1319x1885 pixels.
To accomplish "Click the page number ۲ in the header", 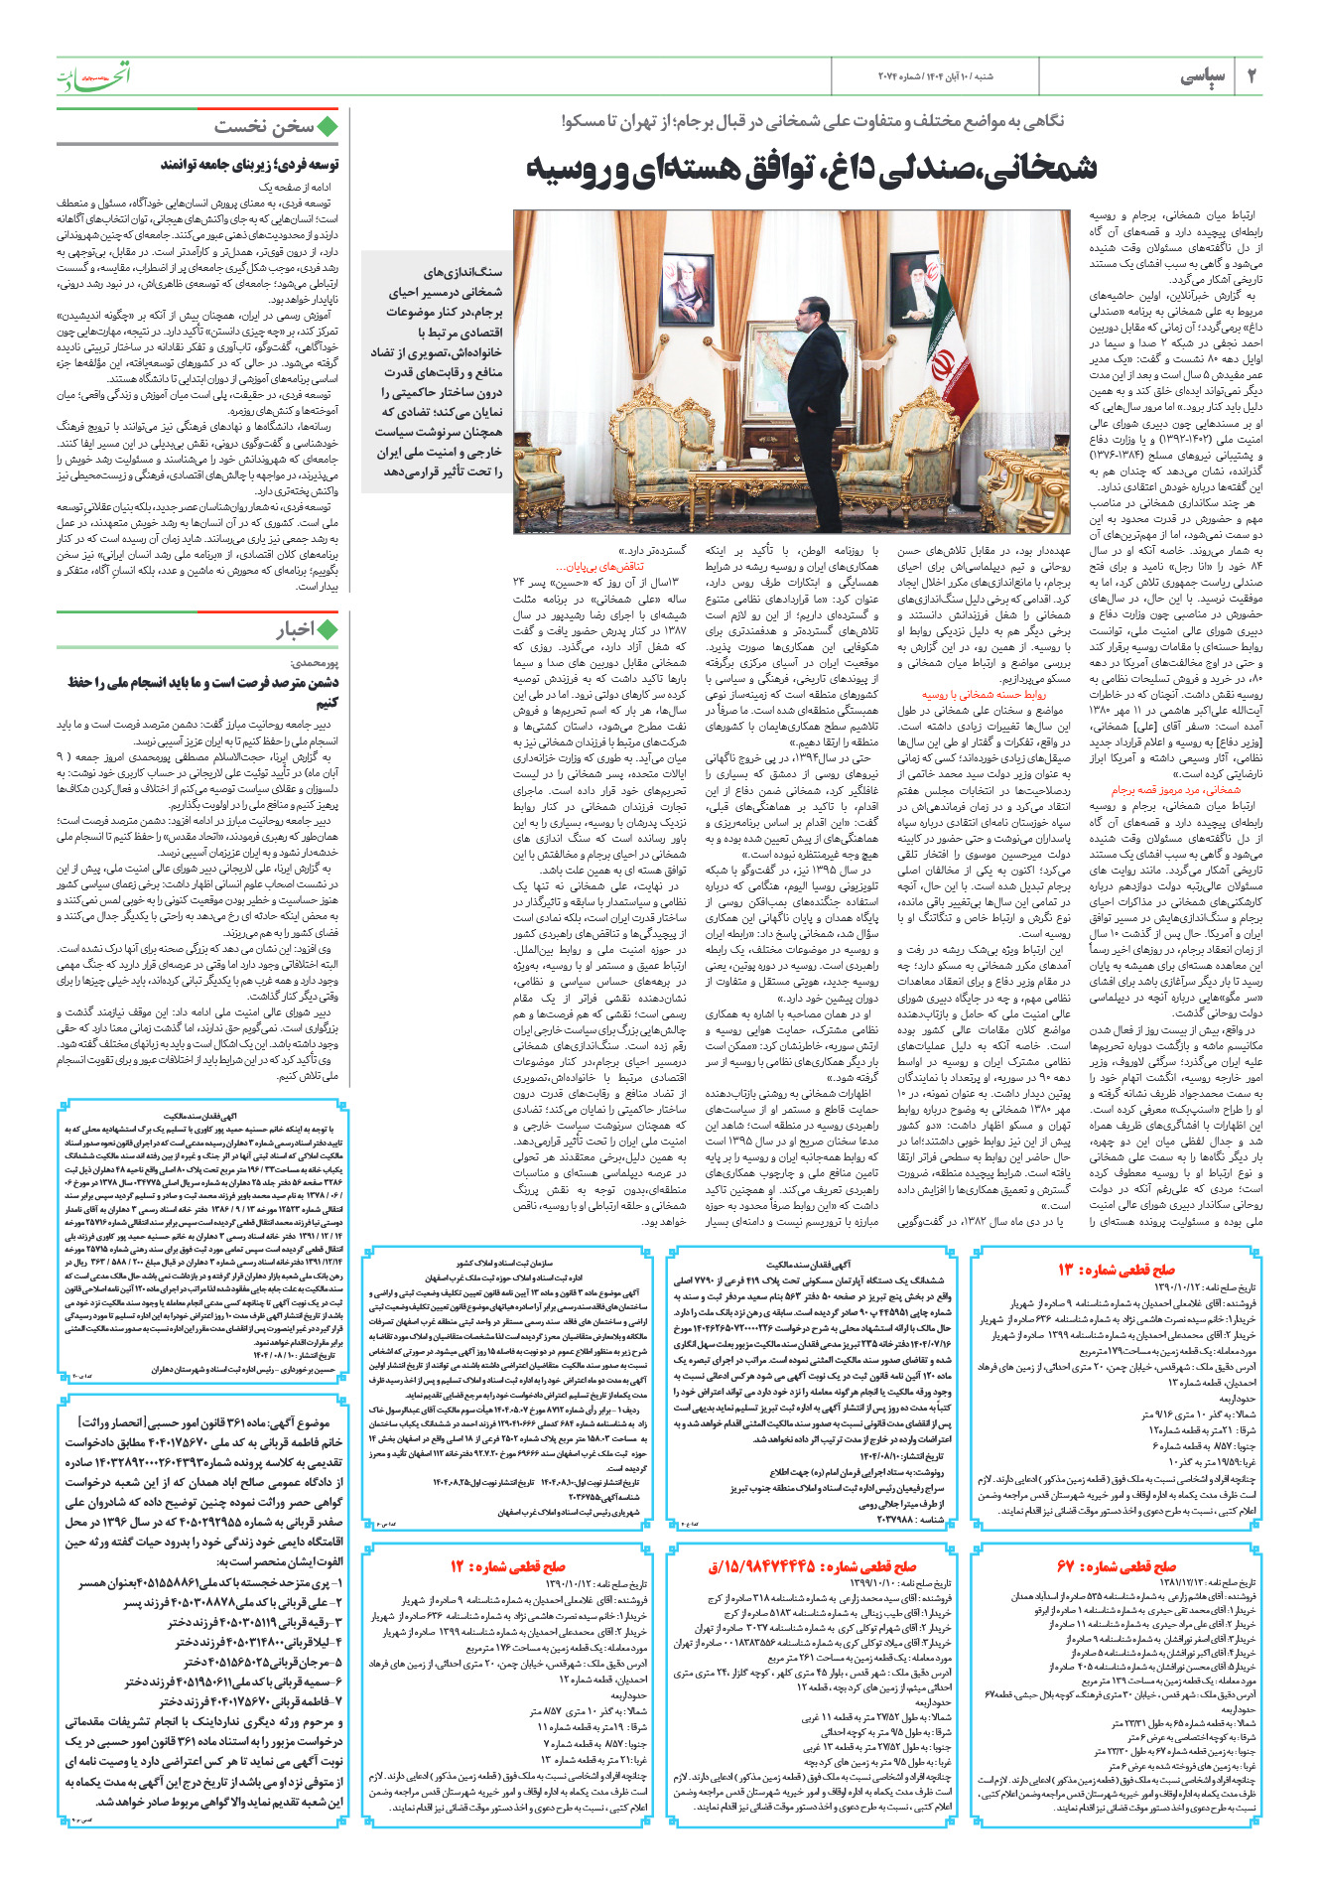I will pyautogui.click(x=1251, y=76).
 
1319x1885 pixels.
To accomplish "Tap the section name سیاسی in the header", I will pyautogui.click(x=1202, y=76).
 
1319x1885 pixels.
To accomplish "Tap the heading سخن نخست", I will pyautogui.click(x=263, y=127).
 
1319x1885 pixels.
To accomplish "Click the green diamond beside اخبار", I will pyautogui.click(x=327, y=628).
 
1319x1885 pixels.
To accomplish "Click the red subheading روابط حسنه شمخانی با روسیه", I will pyautogui.click(x=984, y=695).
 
